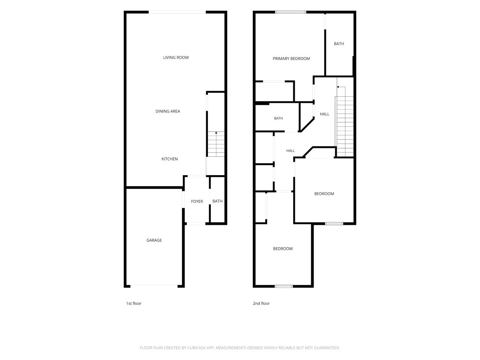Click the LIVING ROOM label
pyautogui.click(x=176, y=58)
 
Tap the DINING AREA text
pyautogui.click(x=168, y=111)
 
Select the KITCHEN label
pyautogui.click(x=170, y=159)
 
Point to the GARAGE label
pyautogui.click(x=154, y=240)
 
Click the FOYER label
pyautogui.click(x=197, y=201)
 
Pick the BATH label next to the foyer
pyautogui.click(x=217, y=201)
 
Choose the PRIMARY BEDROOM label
pyautogui.click(x=291, y=58)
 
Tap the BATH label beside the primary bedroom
pyautogui.click(x=339, y=44)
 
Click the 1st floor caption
pyautogui.click(x=134, y=303)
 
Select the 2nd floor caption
pyautogui.click(x=261, y=303)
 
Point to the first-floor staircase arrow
pyautogui.click(x=216, y=144)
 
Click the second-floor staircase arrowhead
pyautogui.click(x=338, y=87)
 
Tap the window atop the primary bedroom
pyautogui.click(x=291, y=12)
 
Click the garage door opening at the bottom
pyautogui.click(x=154, y=286)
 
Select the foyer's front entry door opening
pyautogui.click(x=196, y=224)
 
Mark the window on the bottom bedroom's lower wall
pyautogui.click(x=284, y=286)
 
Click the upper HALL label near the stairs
pyautogui.click(x=324, y=114)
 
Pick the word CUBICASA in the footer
pyautogui.click(x=196, y=348)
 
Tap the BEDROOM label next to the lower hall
pyautogui.click(x=324, y=194)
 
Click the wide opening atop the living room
pyautogui.click(x=177, y=12)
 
